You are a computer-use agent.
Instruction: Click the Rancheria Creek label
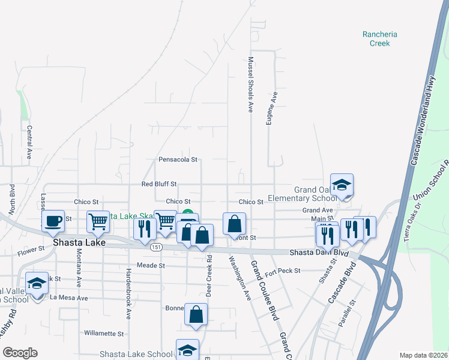pyautogui.click(x=376, y=38)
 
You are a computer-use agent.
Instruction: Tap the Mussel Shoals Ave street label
pyautogui.click(x=250, y=85)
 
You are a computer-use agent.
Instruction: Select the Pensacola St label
pyautogui.click(x=178, y=160)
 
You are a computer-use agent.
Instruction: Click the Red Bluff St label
pyautogui.click(x=159, y=184)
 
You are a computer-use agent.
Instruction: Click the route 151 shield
pyautogui.click(x=157, y=247)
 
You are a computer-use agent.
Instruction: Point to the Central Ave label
pyautogui.click(x=29, y=142)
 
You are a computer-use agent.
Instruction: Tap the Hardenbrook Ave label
pyautogui.click(x=128, y=286)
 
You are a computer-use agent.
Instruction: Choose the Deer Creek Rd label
pyautogui.click(x=209, y=277)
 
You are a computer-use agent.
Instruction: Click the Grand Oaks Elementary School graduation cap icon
pyautogui.click(x=342, y=185)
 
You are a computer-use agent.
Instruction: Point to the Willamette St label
pyautogui.click(x=103, y=333)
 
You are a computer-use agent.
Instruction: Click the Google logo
pyautogui.click(x=19, y=353)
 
